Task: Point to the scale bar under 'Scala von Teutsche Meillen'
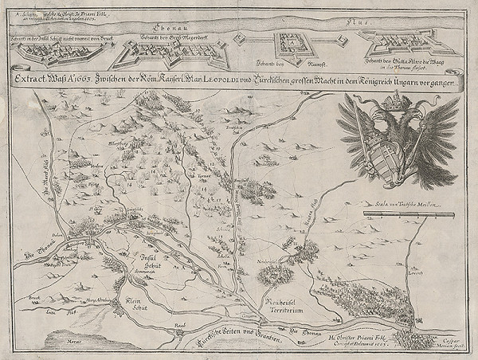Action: (x=408, y=214)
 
